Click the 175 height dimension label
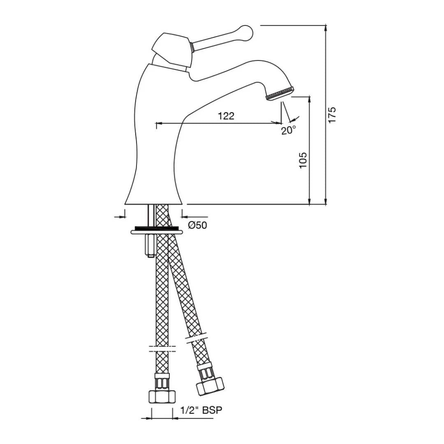click(332, 114)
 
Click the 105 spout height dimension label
click(303, 160)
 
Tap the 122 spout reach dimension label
click(226, 116)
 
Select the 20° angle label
click(289, 130)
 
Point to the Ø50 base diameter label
click(198, 225)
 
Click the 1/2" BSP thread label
click(201, 410)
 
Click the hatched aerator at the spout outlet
click(280, 93)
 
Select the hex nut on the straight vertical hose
click(162, 396)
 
